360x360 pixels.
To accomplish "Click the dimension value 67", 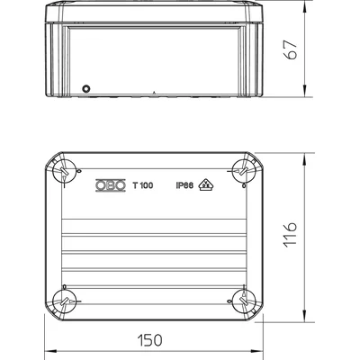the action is pyautogui.click(x=291, y=49).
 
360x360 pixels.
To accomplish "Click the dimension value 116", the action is pyautogui.click(x=291, y=235).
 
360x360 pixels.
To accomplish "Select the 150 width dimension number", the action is pyautogui.click(x=149, y=340).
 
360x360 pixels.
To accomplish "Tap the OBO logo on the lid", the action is pyautogui.click(x=111, y=185).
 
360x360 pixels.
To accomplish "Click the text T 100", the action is pyautogui.click(x=143, y=185).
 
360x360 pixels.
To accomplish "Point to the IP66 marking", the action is pyautogui.click(x=184, y=185).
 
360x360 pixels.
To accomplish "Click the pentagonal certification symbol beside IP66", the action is pyautogui.click(x=206, y=184).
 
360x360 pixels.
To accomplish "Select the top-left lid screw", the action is pyautogui.click(x=64, y=171).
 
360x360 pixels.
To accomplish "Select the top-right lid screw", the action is pyautogui.click(x=244, y=171).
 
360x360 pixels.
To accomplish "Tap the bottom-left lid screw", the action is pyautogui.click(x=64, y=301).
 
